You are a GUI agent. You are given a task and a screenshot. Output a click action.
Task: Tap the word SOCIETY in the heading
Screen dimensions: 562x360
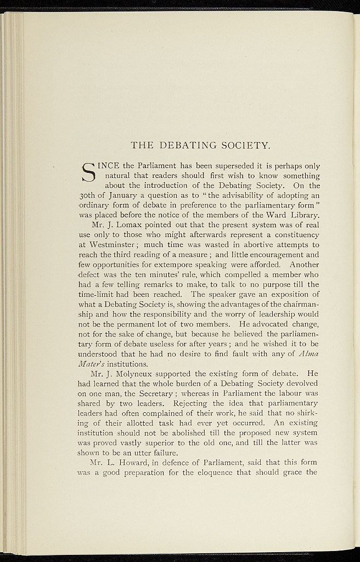[x=244, y=145]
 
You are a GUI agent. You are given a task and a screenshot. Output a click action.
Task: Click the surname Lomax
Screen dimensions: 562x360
[x=131, y=224]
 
